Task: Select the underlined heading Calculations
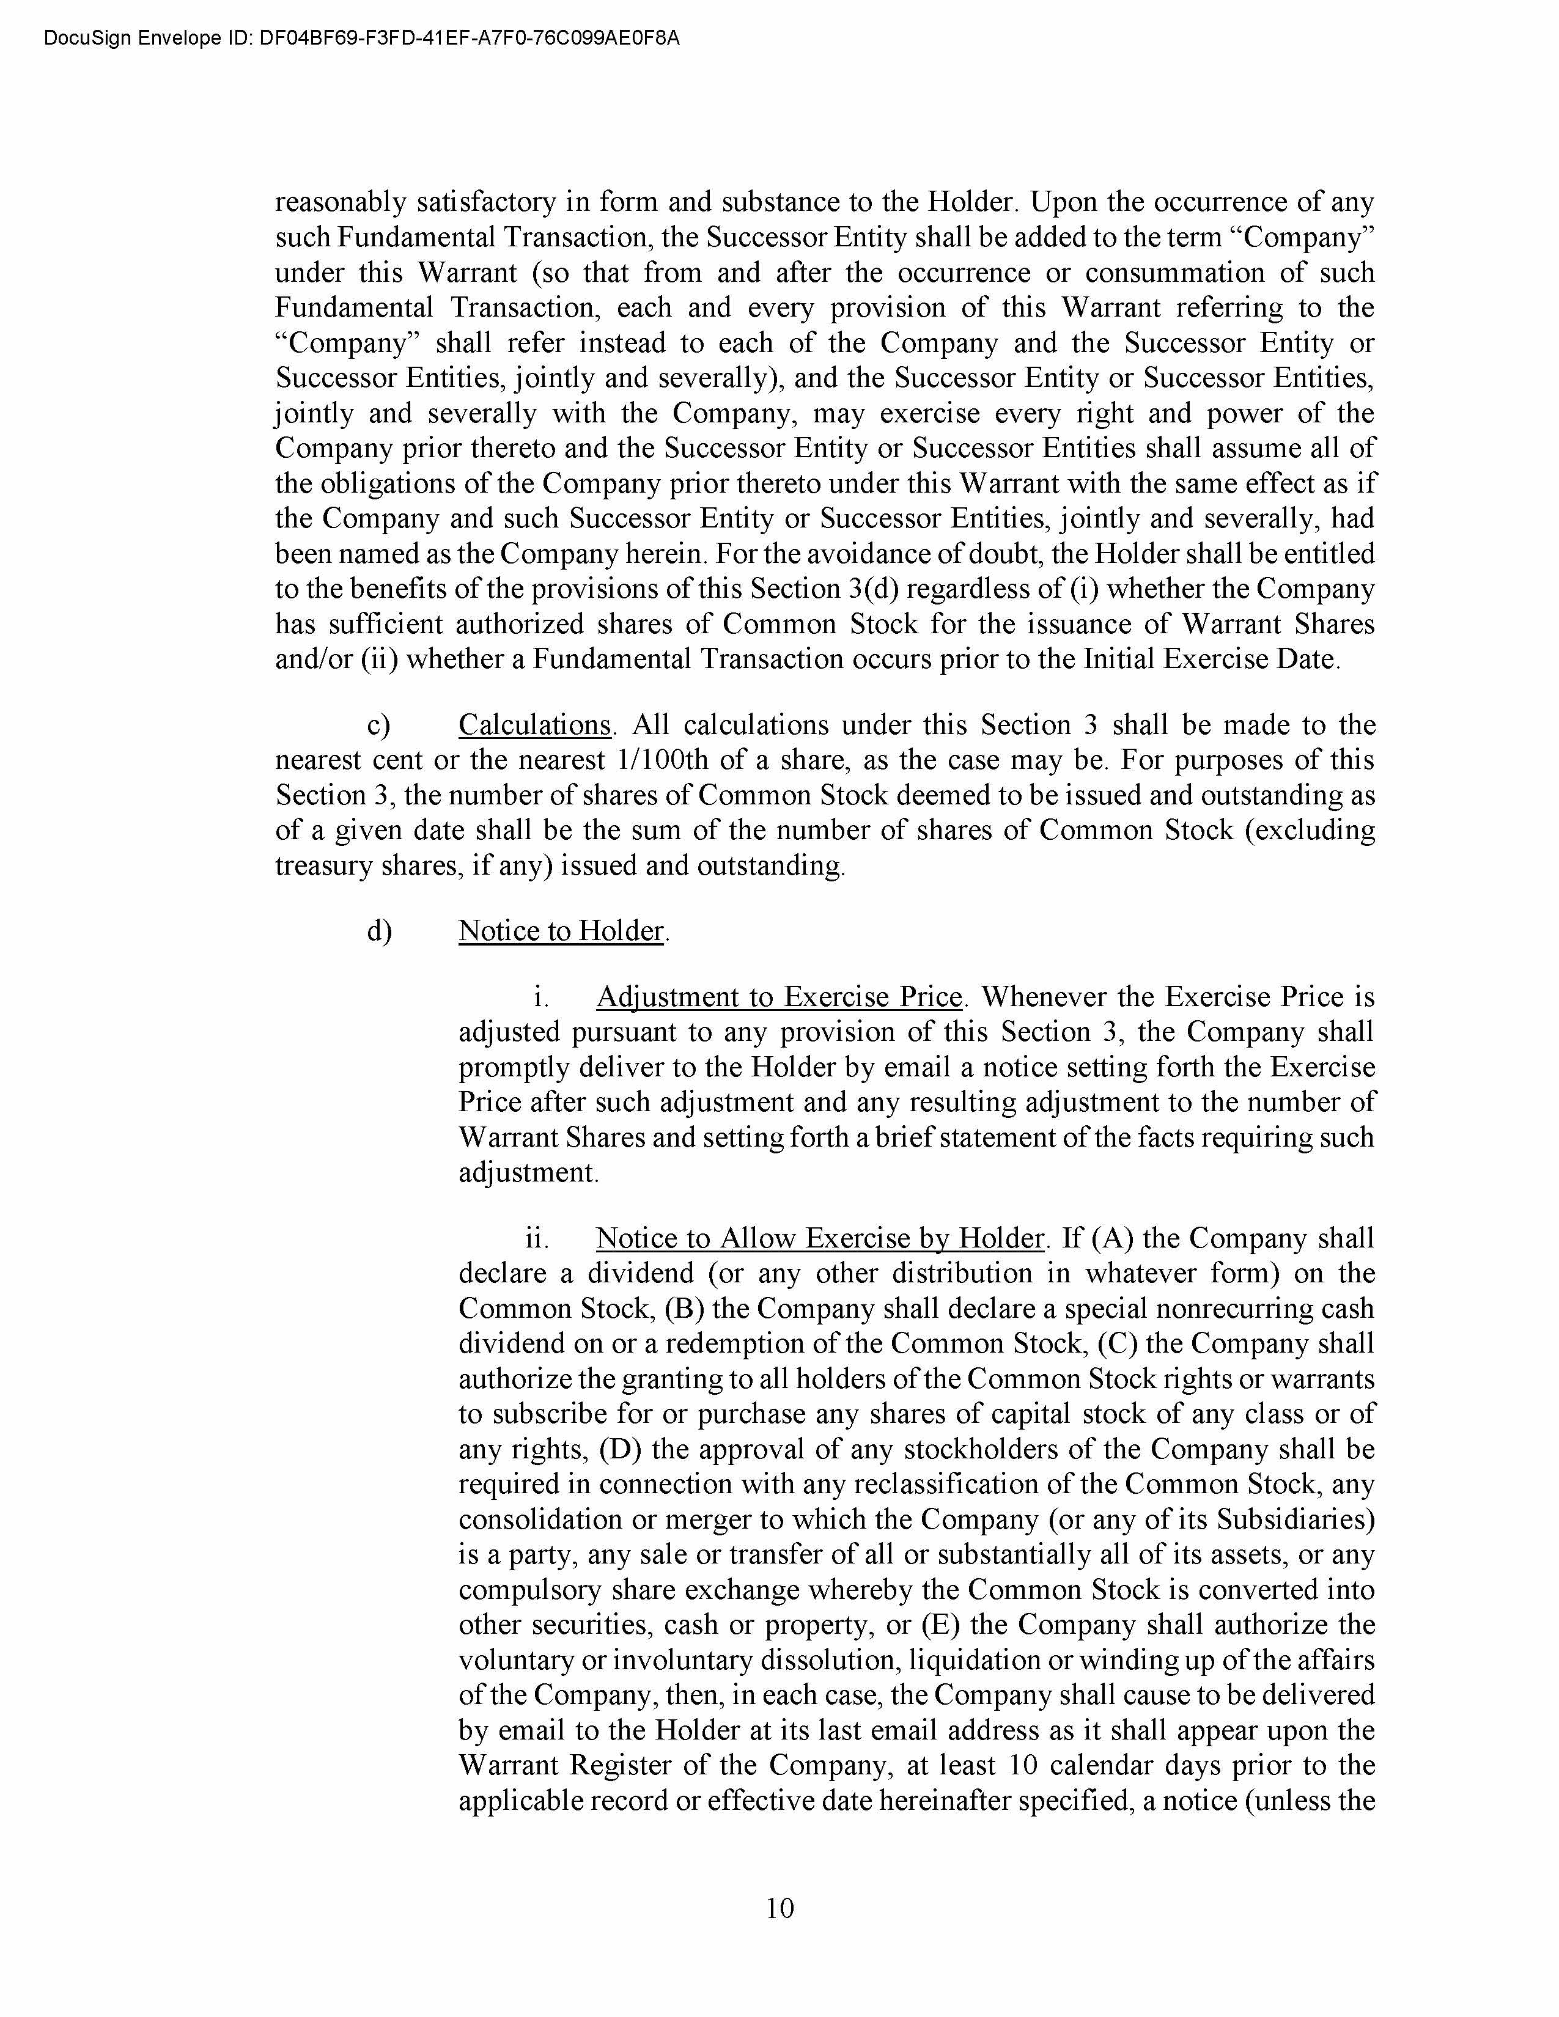pos(535,725)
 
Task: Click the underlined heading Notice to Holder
pos(561,930)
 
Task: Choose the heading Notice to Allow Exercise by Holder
pos(819,1238)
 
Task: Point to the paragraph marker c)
pos(378,725)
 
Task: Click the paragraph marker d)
pos(378,930)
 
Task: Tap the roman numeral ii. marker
pos(537,1238)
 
